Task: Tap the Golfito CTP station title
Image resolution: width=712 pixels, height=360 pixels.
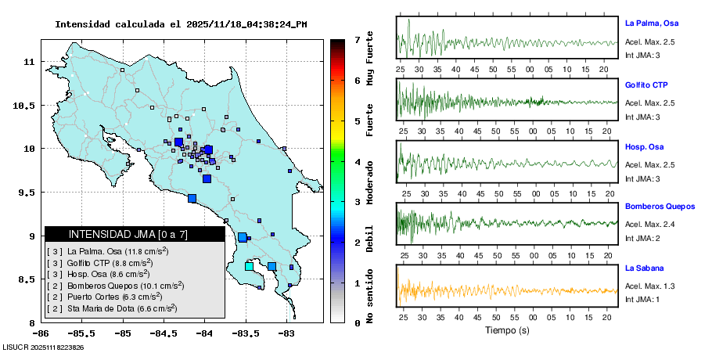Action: [647, 85]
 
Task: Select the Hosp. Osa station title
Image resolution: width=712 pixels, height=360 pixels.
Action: [645, 146]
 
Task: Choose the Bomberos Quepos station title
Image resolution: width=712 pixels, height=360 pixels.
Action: [660, 207]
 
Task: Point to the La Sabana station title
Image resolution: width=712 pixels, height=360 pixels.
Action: [645, 268]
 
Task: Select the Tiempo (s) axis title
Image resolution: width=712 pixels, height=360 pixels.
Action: [507, 330]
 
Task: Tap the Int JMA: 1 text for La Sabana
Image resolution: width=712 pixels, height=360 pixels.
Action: [642, 298]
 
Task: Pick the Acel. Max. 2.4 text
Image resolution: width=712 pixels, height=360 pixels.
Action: [649, 224]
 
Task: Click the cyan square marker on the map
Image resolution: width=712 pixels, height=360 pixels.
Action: [250, 267]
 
